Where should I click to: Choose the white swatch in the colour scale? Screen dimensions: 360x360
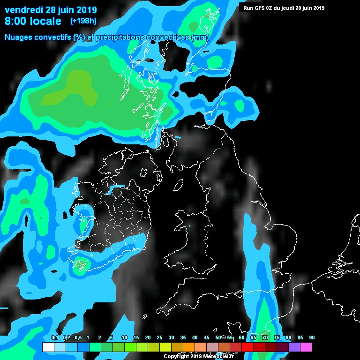48,347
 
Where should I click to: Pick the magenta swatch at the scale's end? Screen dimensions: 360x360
306,347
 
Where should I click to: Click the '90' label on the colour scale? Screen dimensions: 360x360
312,338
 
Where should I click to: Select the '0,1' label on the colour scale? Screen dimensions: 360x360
54,338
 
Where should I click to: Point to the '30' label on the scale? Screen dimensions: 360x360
171,338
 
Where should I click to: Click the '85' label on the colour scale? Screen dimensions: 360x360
300,338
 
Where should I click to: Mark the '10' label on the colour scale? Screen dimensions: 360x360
124,338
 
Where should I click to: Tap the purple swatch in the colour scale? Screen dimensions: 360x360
294,347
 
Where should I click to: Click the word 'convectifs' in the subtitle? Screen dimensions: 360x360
54,37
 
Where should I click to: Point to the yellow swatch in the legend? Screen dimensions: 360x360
165,347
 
